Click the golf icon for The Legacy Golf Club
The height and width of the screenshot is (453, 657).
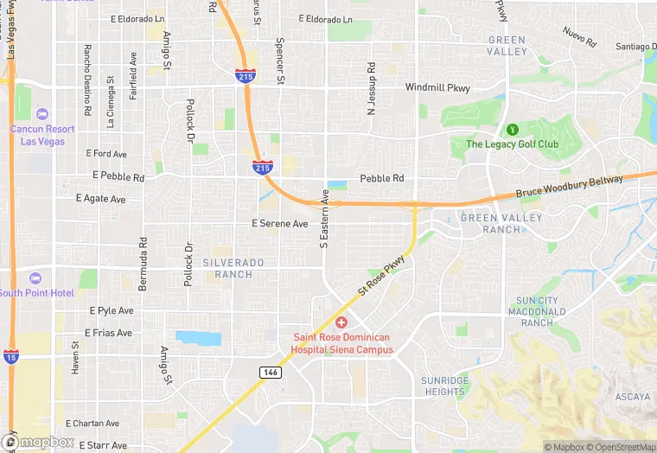(511, 130)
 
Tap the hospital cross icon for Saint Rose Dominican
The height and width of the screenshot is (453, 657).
(341, 322)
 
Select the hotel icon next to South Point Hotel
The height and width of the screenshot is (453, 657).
(35, 278)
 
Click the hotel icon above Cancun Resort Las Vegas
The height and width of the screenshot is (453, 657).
(43, 114)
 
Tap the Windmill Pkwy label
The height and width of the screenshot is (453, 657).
(437, 87)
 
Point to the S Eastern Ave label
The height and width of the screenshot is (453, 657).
(325, 220)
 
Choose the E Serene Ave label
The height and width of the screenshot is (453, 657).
(279, 223)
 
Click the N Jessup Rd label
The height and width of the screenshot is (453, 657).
(371, 88)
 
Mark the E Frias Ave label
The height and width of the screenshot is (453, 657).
(108, 333)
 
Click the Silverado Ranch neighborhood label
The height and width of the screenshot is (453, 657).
(228, 268)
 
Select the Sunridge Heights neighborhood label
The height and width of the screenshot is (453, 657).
(444, 386)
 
